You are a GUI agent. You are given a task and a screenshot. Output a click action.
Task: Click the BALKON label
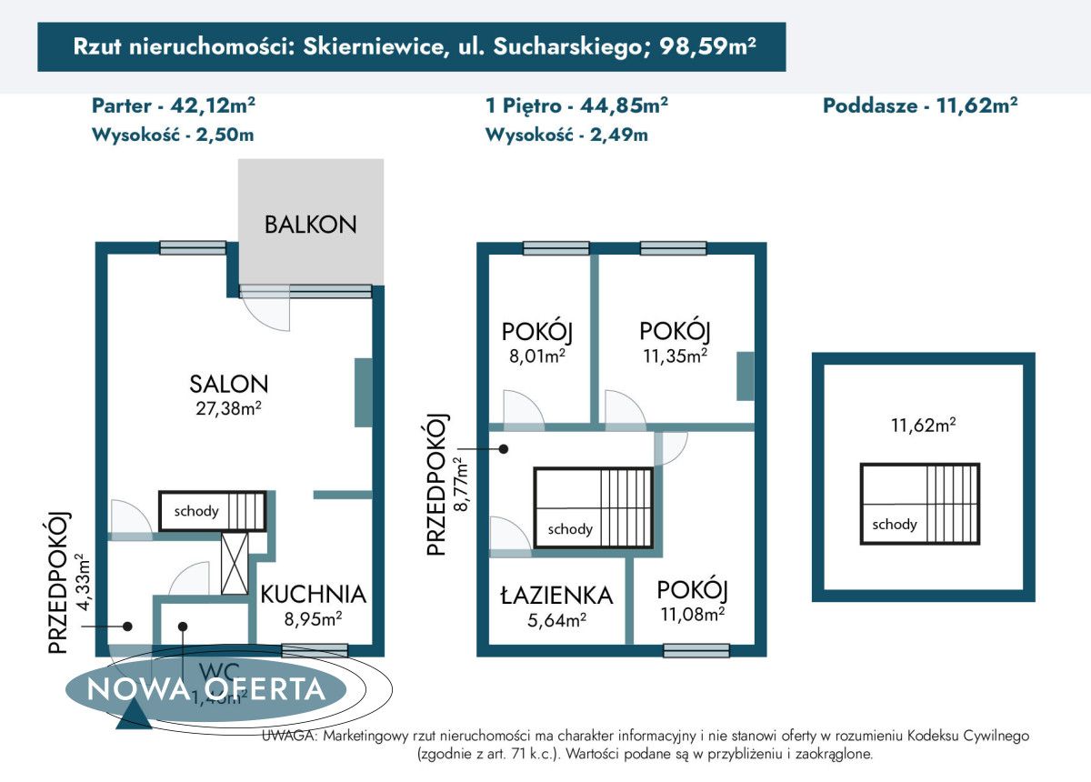(310, 225)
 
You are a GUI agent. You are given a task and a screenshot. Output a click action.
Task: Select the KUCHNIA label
(313, 595)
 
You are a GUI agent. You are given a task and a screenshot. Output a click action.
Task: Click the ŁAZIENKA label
(556, 596)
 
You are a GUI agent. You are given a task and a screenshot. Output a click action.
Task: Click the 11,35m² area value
(674, 355)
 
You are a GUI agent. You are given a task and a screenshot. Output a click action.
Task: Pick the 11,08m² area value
(691, 614)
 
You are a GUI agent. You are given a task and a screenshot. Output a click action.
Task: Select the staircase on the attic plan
(920, 504)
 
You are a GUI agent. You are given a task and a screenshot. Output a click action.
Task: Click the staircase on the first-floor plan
(593, 507)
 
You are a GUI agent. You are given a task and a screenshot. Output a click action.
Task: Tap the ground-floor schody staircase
(212, 510)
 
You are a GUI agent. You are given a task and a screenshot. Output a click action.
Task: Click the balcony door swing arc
(268, 315)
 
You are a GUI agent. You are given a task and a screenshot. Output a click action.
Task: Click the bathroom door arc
(508, 536)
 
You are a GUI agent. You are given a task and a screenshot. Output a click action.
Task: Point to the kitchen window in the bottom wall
(315, 650)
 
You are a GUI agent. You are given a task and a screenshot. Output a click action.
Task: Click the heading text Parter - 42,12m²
(174, 105)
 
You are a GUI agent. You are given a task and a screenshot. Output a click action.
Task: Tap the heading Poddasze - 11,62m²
(919, 105)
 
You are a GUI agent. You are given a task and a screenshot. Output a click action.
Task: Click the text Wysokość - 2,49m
(566, 135)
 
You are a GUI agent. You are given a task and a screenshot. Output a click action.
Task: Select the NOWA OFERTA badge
(206, 688)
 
